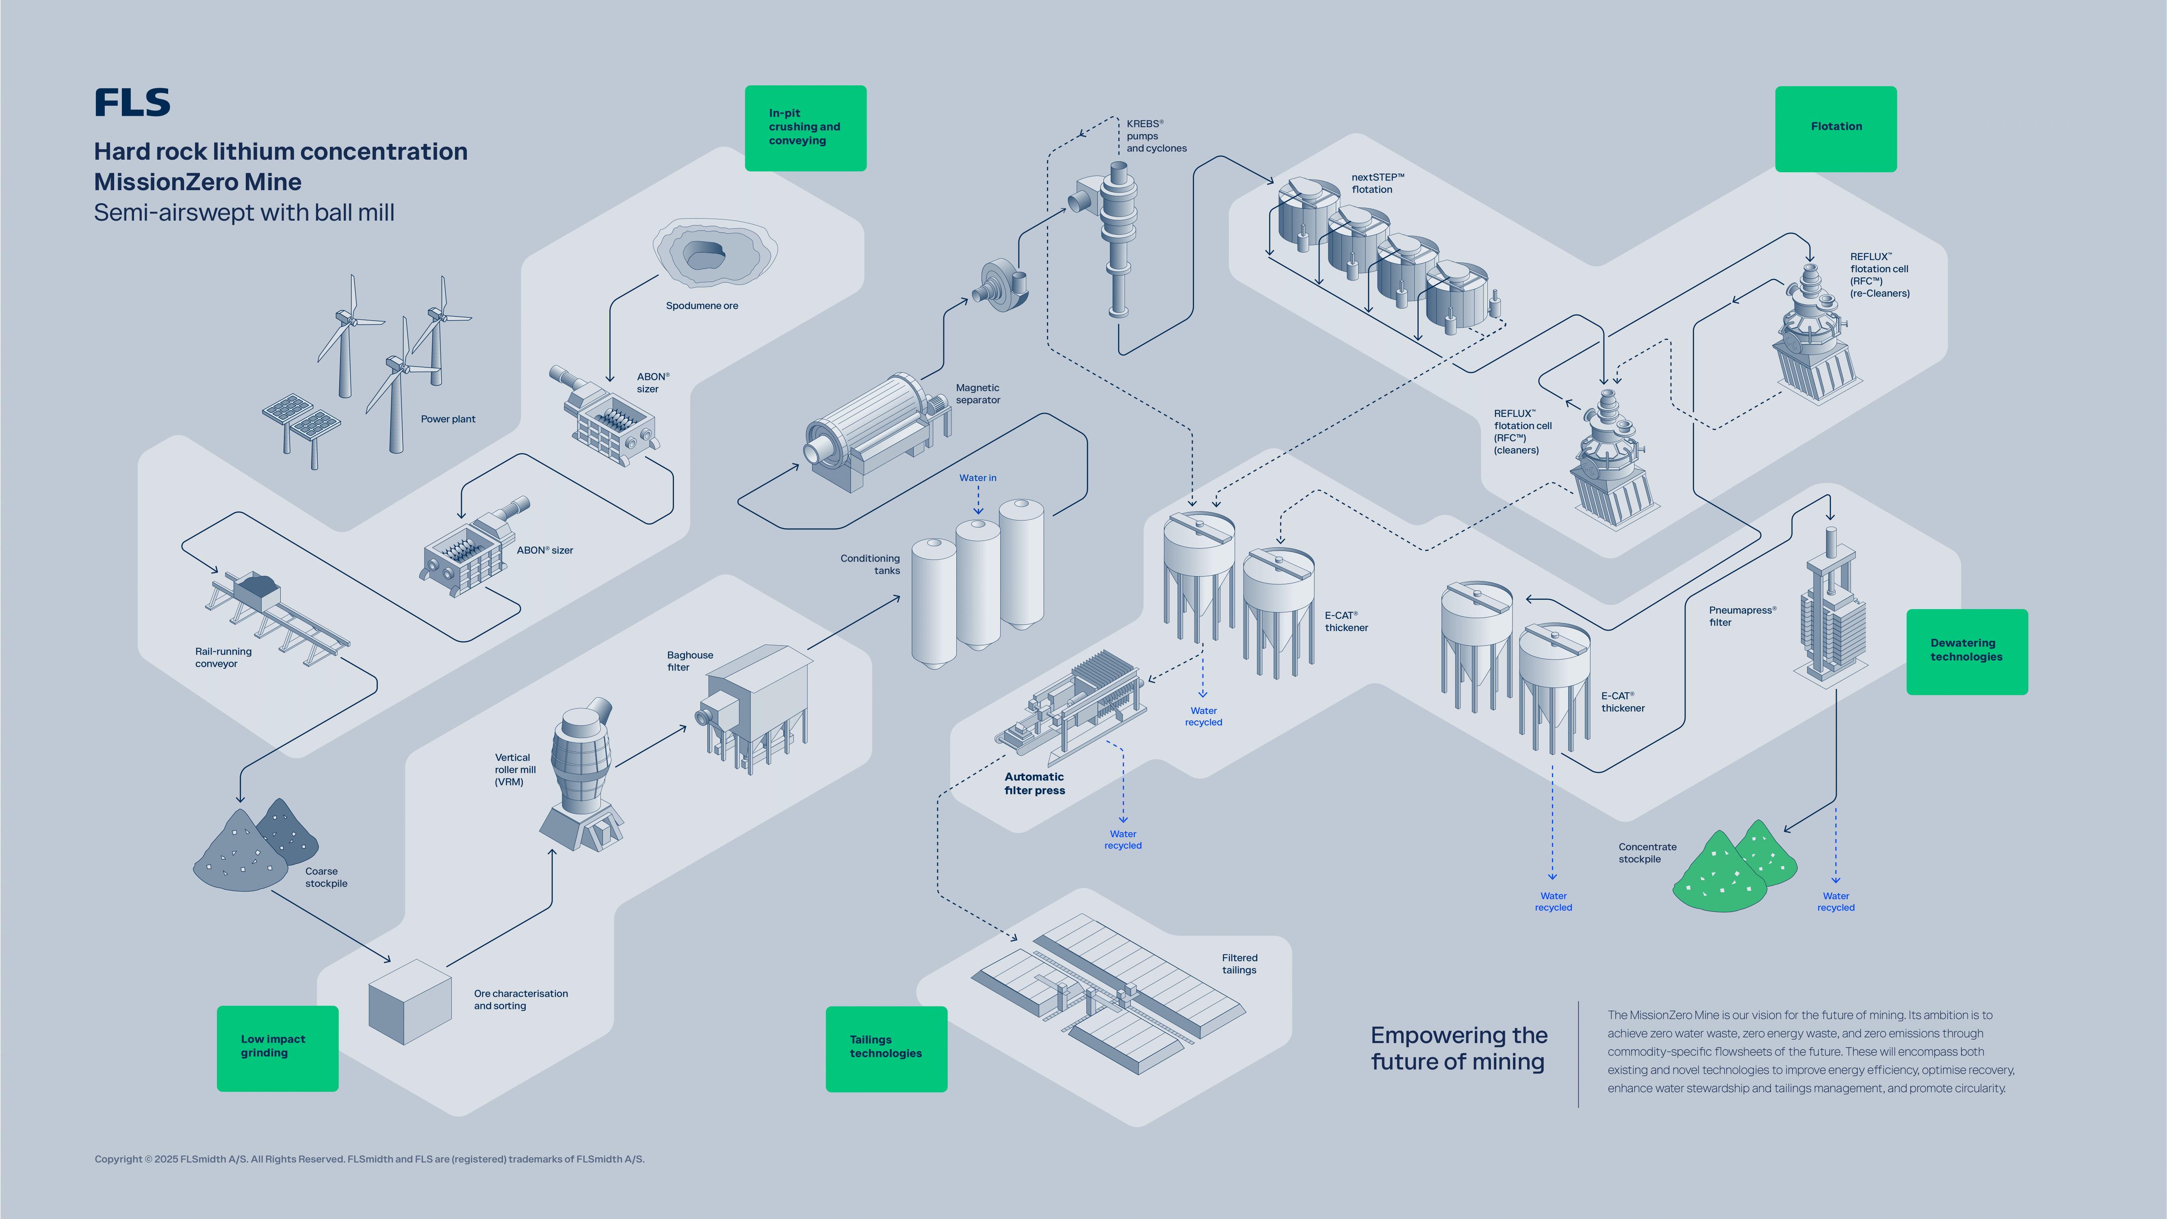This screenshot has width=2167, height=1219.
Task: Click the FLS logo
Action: pyautogui.click(x=132, y=103)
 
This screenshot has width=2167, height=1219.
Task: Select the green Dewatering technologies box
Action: pyautogui.click(x=1966, y=651)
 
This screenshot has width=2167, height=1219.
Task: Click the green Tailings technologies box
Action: pyautogui.click(x=886, y=1048)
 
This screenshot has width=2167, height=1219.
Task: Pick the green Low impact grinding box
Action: pyautogui.click(x=277, y=1048)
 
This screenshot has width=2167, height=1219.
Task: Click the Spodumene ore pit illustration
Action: pyautogui.click(x=715, y=252)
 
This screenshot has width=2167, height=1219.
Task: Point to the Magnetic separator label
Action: pyautogui.click(x=977, y=394)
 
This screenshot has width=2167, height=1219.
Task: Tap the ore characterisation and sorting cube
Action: pyautogui.click(x=410, y=1001)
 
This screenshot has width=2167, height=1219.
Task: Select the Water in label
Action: pyautogui.click(x=977, y=478)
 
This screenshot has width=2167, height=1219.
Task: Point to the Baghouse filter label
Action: pyautogui.click(x=690, y=661)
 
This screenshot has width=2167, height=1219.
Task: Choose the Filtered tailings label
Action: pyautogui.click(x=1239, y=964)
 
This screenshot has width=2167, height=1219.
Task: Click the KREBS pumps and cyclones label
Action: pyautogui.click(x=1156, y=136)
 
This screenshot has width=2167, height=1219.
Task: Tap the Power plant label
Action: pyautogui.click(x=448, y=419)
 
